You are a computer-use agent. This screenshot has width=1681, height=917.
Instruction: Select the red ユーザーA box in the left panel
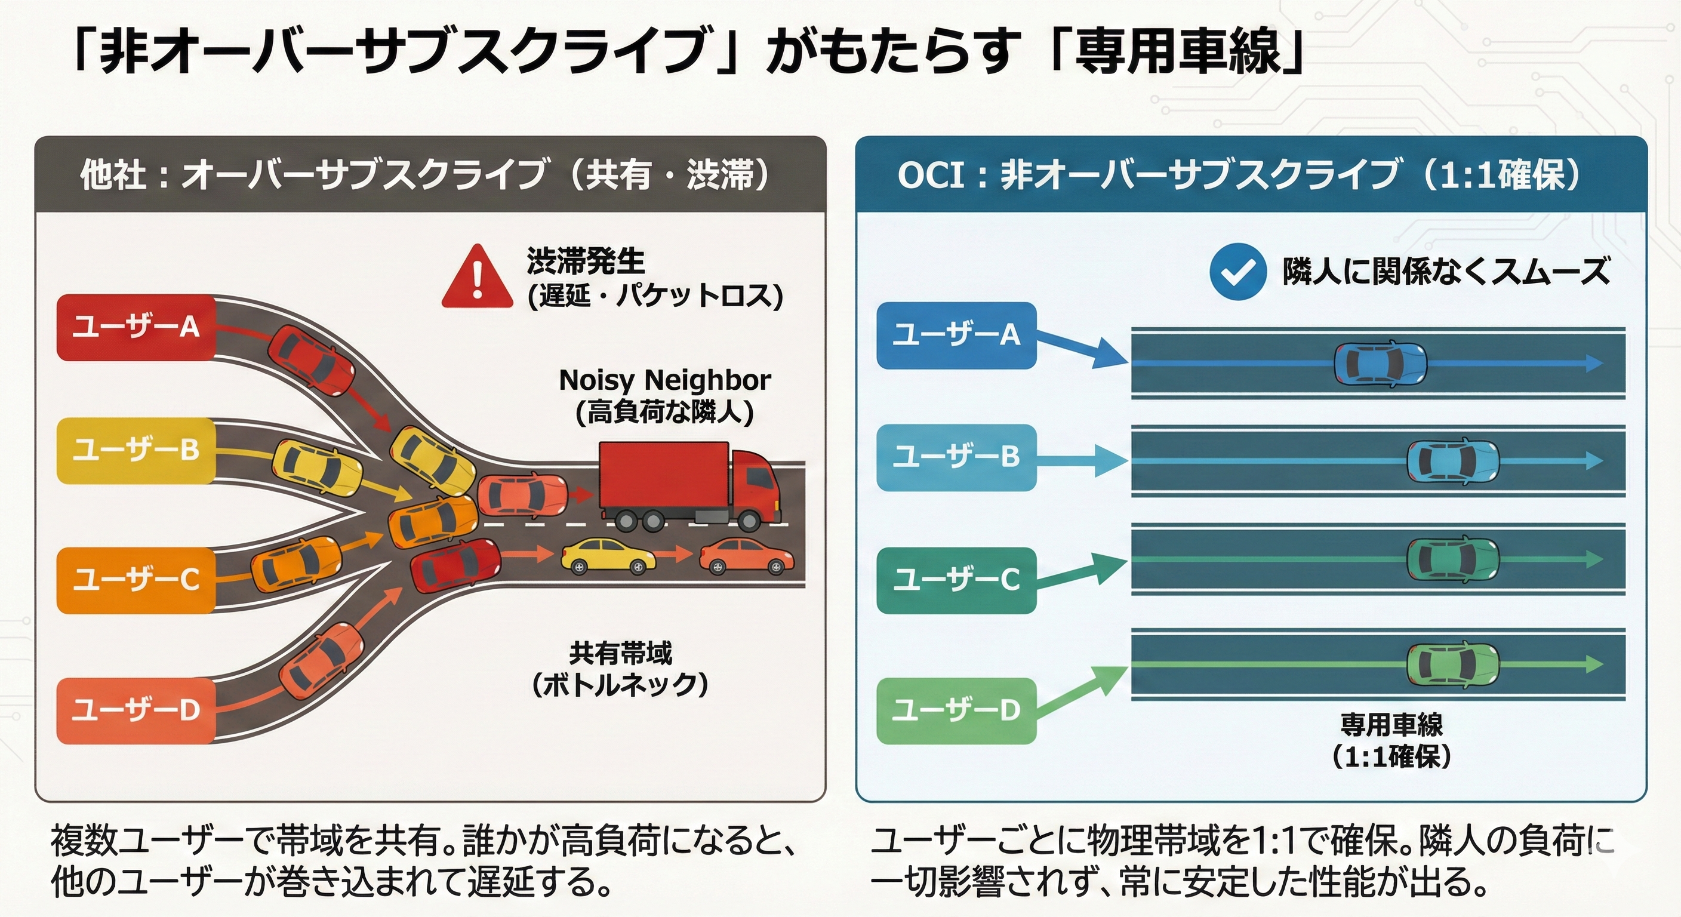click(136, 327)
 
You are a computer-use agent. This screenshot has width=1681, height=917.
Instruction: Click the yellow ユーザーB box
click(136, 450)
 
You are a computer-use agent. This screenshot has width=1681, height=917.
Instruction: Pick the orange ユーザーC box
click(136, 580)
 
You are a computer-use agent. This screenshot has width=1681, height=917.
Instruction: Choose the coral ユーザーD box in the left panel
click(136, 710)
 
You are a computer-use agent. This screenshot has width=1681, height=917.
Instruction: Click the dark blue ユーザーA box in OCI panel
click(956, 335)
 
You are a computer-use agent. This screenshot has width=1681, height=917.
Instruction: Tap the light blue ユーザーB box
click(956, 457)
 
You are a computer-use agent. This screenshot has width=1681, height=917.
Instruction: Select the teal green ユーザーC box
click(956, 580)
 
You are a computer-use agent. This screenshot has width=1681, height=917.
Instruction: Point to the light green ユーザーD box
click(956, 710)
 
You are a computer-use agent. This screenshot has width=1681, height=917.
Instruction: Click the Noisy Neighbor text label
click(664, 380)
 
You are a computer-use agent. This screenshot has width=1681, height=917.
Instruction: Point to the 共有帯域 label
click(620, 653)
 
